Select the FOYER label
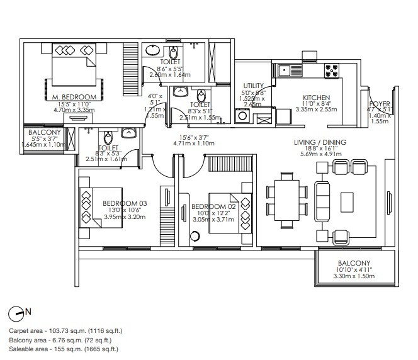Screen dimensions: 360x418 [x=380, y=104]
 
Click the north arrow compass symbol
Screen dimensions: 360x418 [x=20, y=312]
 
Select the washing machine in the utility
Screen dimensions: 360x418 [x=242, y=116]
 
